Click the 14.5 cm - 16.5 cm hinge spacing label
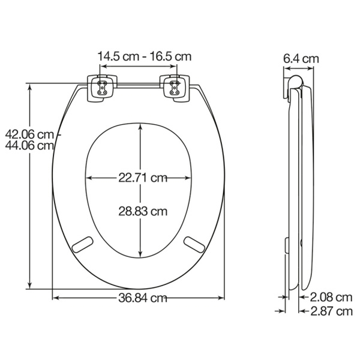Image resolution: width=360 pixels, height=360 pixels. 144,56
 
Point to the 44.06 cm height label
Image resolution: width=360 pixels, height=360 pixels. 28,145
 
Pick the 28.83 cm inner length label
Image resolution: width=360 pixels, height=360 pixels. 142,211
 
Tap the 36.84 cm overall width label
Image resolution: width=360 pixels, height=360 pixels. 142,298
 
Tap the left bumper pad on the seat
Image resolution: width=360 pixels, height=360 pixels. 83,243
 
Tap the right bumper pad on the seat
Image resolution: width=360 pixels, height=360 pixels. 195,243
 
